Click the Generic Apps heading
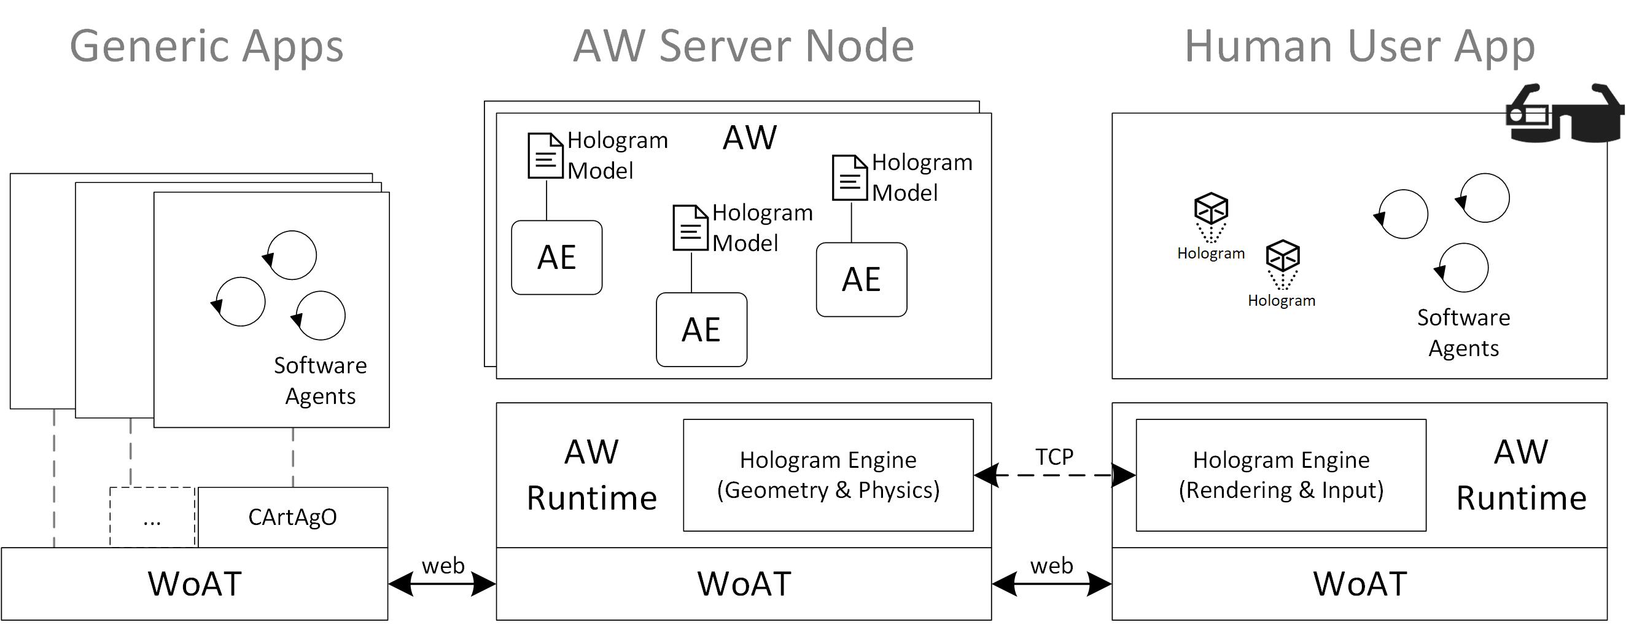[x=206, y=46]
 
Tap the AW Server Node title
[x=743, y=46]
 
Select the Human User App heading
[x=1359, y=46]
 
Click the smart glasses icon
[x=1563, y=114]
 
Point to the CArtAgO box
[x=292, y=517]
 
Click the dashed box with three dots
[x=152, y=517]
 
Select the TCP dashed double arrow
[x=1054, y=475]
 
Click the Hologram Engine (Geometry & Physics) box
[x=828, y=475]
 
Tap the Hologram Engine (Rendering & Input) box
[x=1280, y=475]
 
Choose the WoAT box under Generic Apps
[x=195, y=583]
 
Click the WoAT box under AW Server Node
[x=744, y=583]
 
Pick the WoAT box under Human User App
[x=1359, y=583]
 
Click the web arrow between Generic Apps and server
[x=442, y=584]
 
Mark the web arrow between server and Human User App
[x=1052, y=584]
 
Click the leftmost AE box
[x=556, y=258]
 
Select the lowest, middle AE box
[x=701, y=330]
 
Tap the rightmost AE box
[x=861, y=280]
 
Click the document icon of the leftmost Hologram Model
[x=545, y=155]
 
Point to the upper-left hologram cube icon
[x=1211, y=209]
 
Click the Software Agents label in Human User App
[x=1463, y=333]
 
